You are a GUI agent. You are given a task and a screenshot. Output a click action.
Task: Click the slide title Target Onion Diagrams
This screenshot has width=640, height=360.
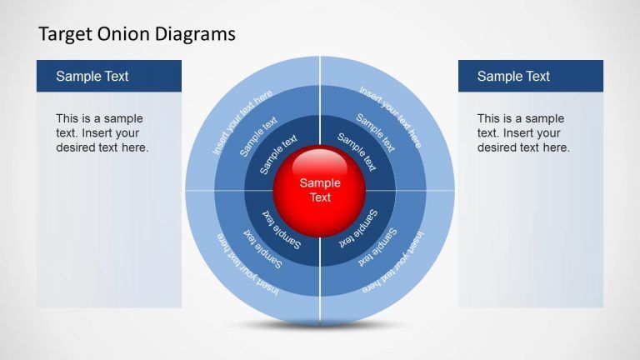[137, 34]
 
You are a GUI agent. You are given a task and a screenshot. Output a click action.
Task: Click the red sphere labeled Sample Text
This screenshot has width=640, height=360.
[320, 190]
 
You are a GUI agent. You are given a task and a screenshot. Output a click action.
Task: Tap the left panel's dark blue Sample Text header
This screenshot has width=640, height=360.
[109, 76]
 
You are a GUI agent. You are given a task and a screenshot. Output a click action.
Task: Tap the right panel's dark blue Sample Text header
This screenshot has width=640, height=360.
[531, 76]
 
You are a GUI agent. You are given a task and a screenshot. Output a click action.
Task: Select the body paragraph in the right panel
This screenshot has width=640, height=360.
[523, 133]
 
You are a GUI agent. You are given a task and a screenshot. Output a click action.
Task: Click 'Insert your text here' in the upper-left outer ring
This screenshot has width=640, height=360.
[242, 122]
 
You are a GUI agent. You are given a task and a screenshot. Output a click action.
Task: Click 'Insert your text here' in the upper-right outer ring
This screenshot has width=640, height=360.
[389, 116]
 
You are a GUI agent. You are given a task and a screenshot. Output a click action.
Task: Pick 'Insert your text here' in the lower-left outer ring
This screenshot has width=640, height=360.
[247, 263]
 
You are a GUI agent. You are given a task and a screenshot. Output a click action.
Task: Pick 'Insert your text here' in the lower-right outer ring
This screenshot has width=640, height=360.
[392, 262]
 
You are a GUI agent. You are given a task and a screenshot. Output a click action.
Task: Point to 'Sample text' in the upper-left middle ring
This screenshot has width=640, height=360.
[258, 137]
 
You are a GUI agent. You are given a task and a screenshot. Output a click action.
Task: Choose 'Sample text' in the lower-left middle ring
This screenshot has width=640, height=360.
[262, 247]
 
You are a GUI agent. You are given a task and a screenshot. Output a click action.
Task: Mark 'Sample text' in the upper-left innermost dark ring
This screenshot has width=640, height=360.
[277, 155]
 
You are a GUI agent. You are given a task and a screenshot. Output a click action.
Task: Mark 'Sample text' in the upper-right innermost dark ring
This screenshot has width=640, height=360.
[357, 151]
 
